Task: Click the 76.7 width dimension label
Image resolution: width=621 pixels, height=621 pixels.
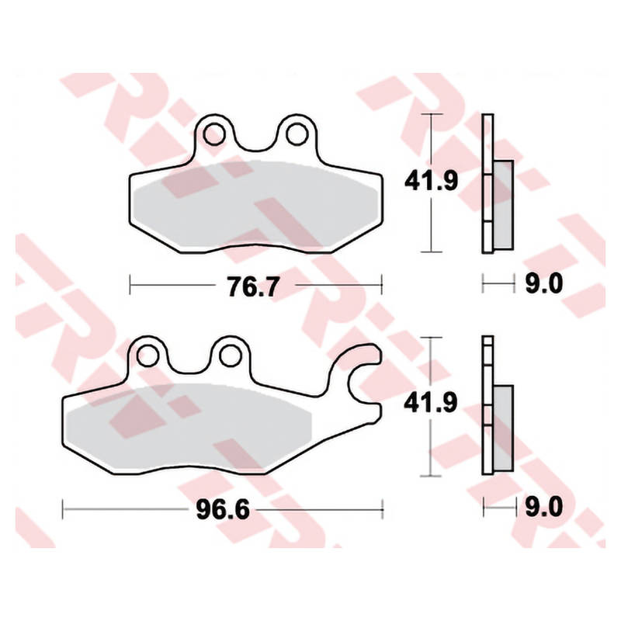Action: coord(254,286)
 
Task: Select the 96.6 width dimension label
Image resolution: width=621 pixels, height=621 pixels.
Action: coord(223,509)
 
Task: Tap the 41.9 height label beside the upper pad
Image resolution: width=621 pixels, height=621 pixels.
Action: coord(431,181)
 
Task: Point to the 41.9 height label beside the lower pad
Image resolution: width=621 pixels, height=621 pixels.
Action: coord(431,402)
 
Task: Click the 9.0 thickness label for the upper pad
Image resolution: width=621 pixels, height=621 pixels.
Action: coord(544,284)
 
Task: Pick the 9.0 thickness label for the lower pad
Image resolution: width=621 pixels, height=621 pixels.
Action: coord(544,507)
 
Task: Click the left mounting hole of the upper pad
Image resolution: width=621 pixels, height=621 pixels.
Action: coord(214,134)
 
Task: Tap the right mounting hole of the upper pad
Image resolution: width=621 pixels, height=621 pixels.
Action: coord(297,134)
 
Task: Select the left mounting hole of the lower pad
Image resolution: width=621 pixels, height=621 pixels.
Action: coord(147,356)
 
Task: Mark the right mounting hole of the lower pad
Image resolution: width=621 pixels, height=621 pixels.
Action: coord(231,356)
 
